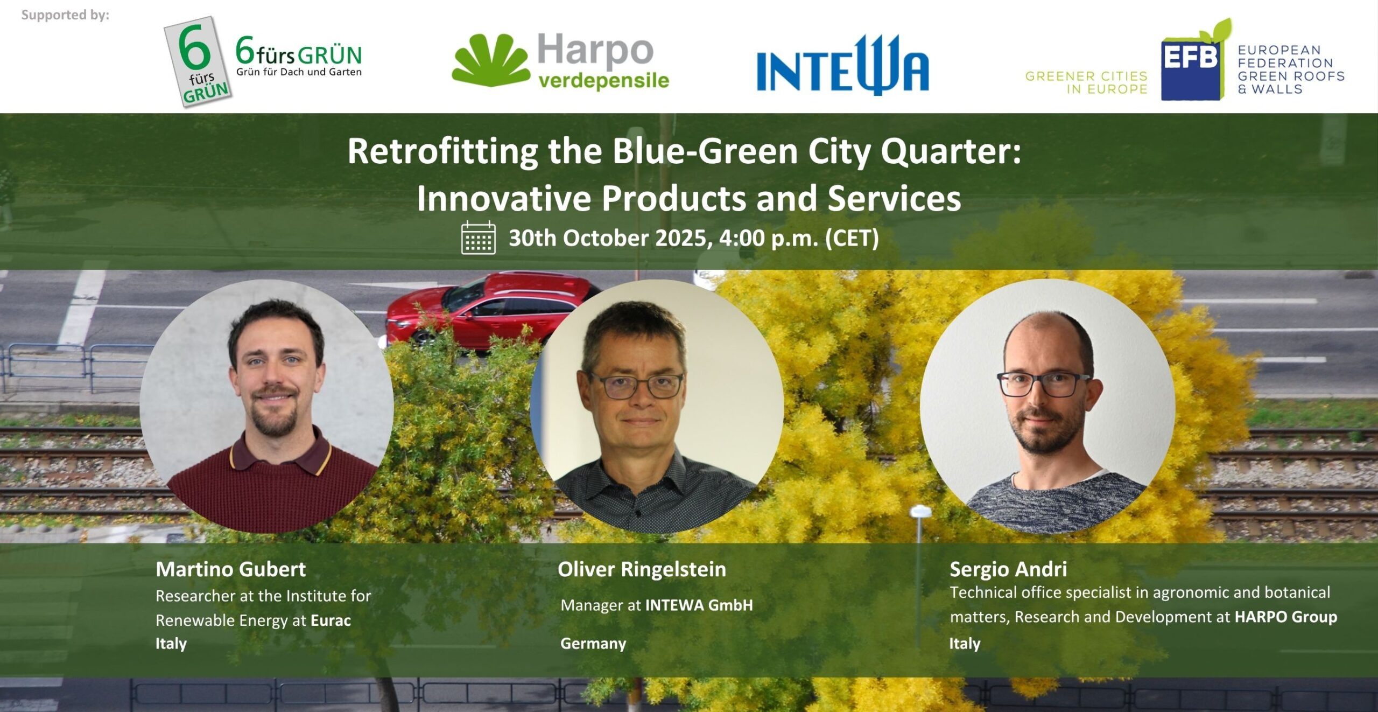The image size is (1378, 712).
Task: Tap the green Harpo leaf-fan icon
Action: (x=490, y=60)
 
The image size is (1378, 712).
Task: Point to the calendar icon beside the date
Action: (x=478, y=238)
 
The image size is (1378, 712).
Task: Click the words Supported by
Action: (x=65, y=15)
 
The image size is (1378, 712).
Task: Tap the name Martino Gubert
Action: (x=230, y=569)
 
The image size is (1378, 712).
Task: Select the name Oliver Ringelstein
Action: (x=642, y=569)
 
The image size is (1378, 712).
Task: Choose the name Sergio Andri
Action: (x=1008, y=569)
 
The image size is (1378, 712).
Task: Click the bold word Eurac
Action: (x=331, y=620)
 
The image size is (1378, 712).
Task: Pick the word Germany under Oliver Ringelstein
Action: (x=593, y=643)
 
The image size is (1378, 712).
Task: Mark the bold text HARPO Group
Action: (x=1285, y=617)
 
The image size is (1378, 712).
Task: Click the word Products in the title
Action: (x=674, y=198)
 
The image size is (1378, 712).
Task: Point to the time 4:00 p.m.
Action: (x=769, y=238)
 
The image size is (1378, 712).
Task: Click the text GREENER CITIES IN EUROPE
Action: (x=1086, y=82)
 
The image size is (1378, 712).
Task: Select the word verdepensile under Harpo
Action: (x=603, y=81)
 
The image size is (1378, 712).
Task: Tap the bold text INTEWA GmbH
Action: (x=699, y=605)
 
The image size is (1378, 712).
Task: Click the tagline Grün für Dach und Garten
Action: (x=299, y=72)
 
